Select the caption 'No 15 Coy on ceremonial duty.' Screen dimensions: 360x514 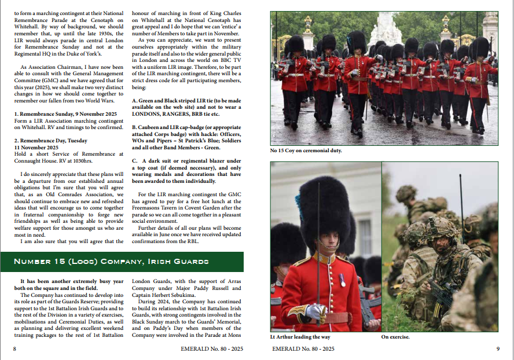pos(306,150)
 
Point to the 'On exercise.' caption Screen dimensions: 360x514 pos(395,337)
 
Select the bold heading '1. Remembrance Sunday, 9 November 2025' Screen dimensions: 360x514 pos(65,113)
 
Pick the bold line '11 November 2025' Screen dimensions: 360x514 pos(37,147)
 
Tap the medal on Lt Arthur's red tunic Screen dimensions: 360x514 pos(342,280)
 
